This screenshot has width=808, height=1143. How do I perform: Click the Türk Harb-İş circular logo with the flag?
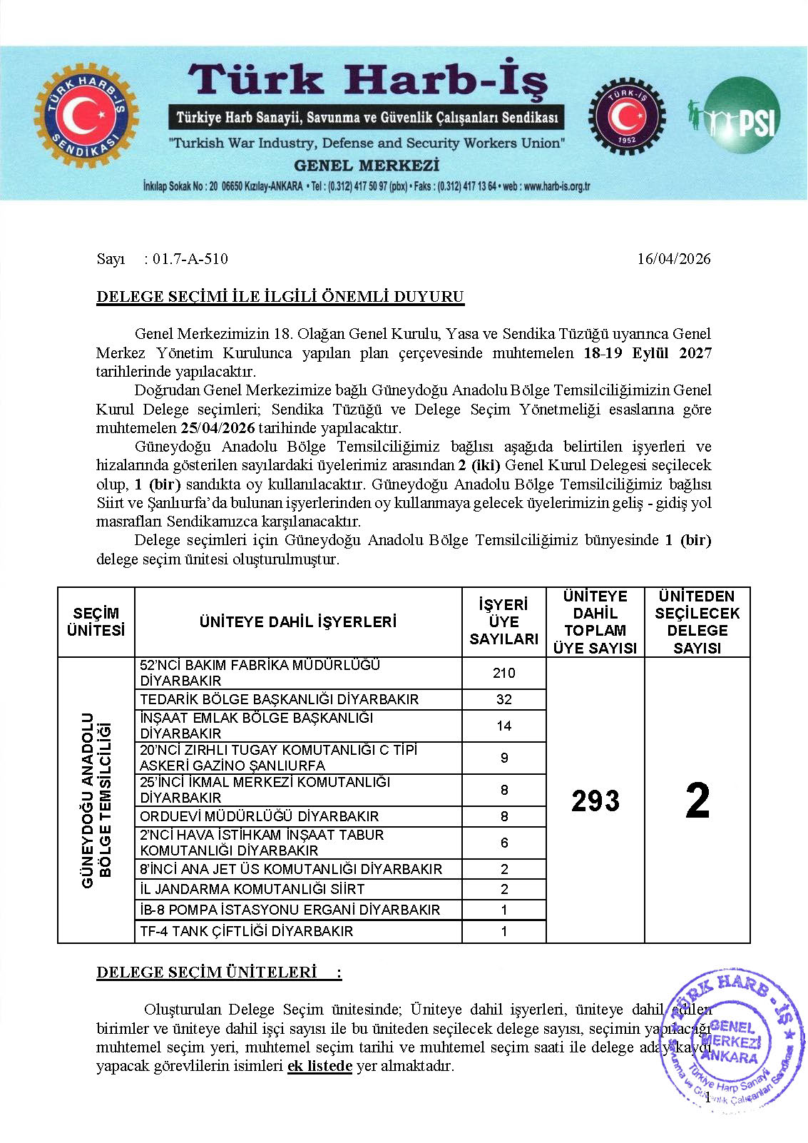(x=86, y=116)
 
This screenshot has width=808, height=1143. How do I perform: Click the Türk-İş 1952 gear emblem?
(x=626, y=116)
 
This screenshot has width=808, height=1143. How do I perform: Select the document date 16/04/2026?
(x=673, y=259)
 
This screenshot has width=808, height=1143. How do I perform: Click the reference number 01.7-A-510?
(x=190, y=259)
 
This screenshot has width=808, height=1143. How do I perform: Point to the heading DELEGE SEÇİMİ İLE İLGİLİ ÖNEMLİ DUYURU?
(x=280, y=297)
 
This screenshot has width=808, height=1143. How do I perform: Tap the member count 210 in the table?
(x=503, y=673)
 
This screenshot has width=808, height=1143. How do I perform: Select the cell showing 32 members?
(x=503, y=699)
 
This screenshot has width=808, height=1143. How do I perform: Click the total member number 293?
(x=595, y=801)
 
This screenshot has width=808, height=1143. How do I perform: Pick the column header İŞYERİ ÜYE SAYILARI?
(x=503, y=621)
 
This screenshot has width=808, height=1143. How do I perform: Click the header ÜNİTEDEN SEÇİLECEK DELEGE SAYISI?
(x=697, y=621)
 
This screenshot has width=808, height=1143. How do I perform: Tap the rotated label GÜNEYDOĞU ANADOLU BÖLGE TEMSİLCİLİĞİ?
(x=96, y=800)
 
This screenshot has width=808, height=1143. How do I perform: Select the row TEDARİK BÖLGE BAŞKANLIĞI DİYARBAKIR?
(x=279, y=699)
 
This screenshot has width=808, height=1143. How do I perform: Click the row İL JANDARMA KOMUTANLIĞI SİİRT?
(x=252, y=889)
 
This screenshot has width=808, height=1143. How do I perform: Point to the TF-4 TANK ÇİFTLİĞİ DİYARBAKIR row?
(x=246, y=931)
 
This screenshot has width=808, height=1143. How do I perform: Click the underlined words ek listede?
(x=319, y=1066)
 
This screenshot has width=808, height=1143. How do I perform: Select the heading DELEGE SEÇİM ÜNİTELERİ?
(x=207, y=972)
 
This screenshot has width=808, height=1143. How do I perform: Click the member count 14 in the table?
(x=503, y=726)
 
